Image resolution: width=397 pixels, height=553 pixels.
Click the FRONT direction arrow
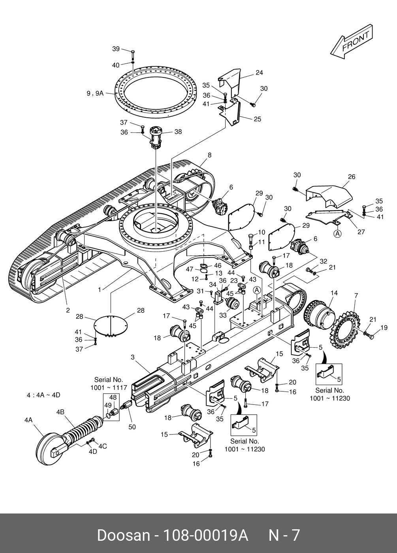tap(352, 41)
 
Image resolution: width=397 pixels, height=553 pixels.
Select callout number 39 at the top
tap(116, 49)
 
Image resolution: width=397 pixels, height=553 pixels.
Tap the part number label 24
tap(259, 73)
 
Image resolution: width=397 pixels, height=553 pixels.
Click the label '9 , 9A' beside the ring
tap(95, 93)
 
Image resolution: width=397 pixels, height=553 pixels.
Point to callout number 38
tap(178, 132)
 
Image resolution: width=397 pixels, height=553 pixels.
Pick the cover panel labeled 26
tap(329, 197)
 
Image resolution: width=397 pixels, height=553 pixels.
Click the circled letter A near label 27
tap(337, 233)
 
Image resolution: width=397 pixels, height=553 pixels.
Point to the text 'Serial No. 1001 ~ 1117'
tap(109, 384)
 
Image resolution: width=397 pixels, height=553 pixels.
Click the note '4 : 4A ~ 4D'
tap(43, 395)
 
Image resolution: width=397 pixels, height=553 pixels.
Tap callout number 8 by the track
tap(210, 155)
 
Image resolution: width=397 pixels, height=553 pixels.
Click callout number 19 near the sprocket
tap(384, 327)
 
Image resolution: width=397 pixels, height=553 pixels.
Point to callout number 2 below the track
tap(68, 310)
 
